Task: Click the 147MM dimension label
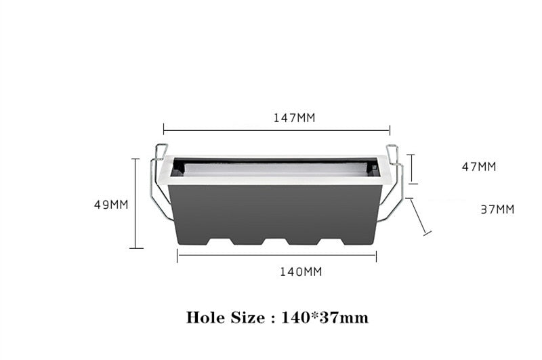click(294, 118)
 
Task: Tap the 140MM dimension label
click(301, 272)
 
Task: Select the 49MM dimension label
click(111, 204)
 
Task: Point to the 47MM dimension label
click(479, 167)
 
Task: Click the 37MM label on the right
click(497, 209)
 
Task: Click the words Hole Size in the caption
click(226, 317)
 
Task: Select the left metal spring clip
click(159, 183)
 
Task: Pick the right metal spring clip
click(394, 183)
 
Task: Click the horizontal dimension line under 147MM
click(276, 130)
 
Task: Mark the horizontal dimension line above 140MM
click(276, 256)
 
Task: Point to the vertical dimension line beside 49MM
click(135, 203)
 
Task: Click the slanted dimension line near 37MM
click(419, 217)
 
